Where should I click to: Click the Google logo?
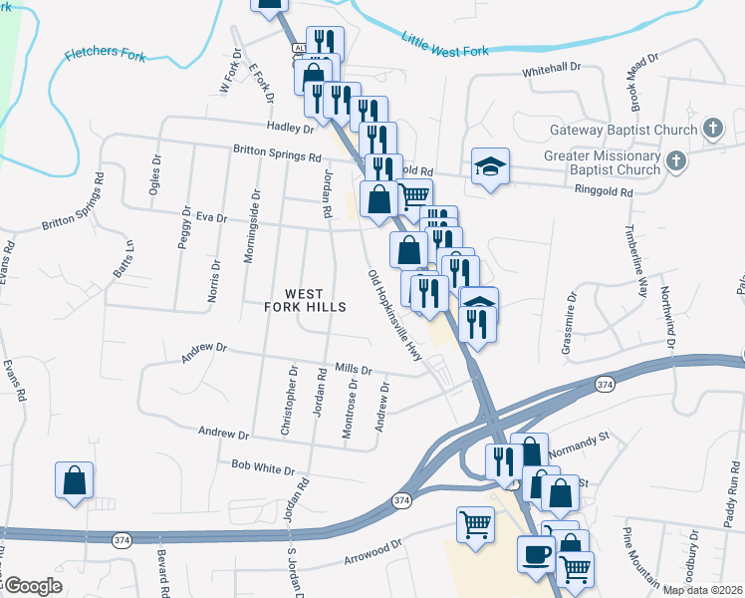point(32,585)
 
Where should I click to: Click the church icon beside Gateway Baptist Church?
point(712,128)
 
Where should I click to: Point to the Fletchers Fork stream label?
point(105,54)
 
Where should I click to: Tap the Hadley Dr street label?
point(290,128)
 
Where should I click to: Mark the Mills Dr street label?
point(353,369)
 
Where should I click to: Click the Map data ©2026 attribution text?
point(702,590)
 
